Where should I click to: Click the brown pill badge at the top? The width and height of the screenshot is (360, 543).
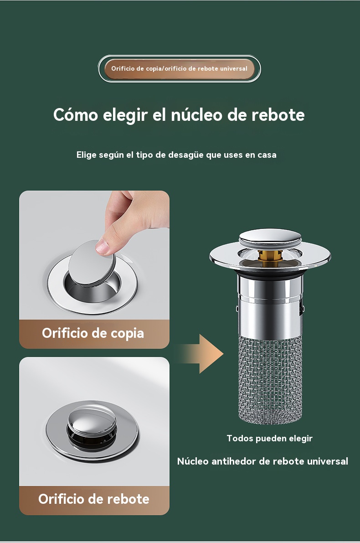tap(179, 68)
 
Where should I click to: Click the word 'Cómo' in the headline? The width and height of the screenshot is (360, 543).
tap(76, 114)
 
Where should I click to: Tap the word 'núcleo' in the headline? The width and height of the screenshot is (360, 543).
tap(196, 114)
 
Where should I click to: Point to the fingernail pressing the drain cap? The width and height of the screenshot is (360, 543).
tap(102, 247)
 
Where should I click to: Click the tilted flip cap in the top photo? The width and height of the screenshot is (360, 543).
tap(92, 264)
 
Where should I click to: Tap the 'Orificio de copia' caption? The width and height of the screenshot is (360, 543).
tap(93, 333)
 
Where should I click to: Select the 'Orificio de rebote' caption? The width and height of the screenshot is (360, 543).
tap(94, 499)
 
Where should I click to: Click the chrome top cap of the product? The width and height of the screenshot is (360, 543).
tap(270, 237)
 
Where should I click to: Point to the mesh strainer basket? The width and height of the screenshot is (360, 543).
tap(270, 379)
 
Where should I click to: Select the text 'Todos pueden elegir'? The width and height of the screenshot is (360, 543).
tap(270, 439)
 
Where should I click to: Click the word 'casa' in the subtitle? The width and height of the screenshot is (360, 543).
tap(267, 155)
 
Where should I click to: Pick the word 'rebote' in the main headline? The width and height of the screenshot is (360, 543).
tap(278, 114)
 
